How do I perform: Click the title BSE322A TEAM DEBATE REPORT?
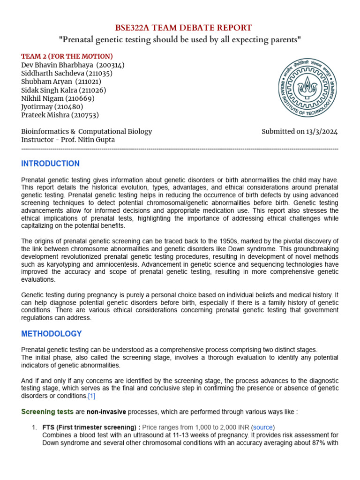180,28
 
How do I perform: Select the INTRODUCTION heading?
51,164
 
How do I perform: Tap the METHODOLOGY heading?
52,334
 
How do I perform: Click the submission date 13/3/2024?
322,131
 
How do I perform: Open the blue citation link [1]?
91,396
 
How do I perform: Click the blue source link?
262,427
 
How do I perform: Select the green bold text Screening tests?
47,412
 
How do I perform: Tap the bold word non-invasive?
109,412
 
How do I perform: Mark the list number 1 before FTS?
34,427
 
